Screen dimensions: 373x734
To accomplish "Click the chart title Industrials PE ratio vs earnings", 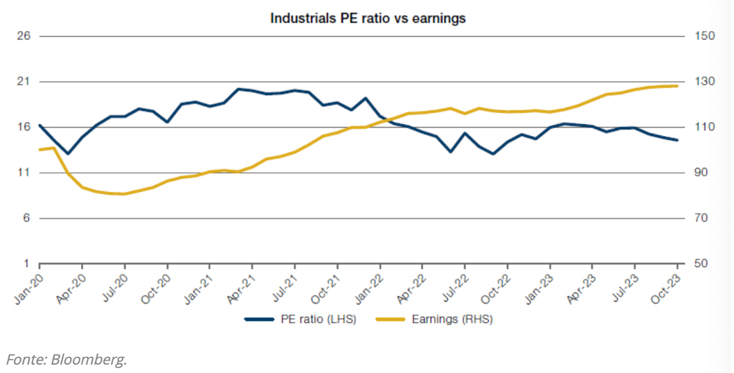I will tap(368, 19).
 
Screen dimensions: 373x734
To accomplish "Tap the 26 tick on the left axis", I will tap(24, 36).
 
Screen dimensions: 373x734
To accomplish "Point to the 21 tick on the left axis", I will tap(24, 82).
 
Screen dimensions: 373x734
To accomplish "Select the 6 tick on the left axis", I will tap(27, 218).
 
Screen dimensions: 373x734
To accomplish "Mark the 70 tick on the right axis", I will tap(699, 218).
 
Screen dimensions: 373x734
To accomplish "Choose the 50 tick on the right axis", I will tap(699, 264).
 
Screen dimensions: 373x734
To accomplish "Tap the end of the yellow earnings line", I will tap(677, 86).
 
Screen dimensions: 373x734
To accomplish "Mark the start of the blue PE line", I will tap(39, 125).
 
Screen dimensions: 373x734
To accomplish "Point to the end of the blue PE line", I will tap(677, 140).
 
